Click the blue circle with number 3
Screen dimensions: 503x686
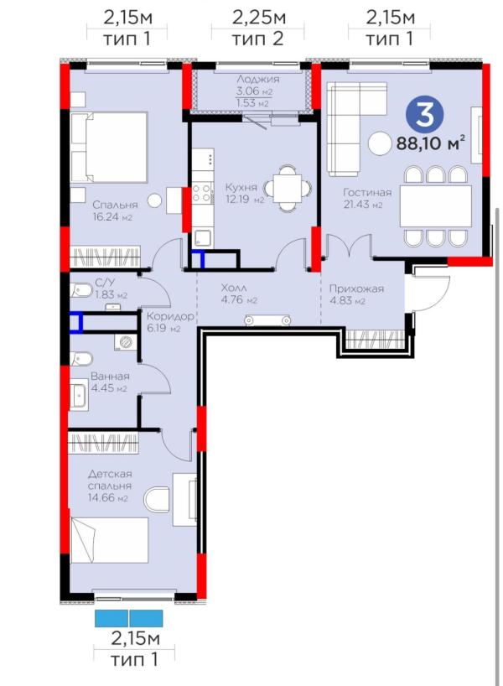tap(424, 115)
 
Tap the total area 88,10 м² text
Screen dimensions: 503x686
tap(430, 143)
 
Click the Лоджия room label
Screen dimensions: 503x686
tap(258, 79)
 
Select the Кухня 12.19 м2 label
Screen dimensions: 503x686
tap(245, 194)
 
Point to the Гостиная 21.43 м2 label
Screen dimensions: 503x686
tap(367, 198)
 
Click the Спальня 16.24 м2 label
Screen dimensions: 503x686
tap(115, 210)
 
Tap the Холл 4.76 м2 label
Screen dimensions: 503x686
tap(239, 294)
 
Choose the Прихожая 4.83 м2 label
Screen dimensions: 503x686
tap(356, 294)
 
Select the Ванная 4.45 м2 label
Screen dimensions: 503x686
tap(110, 382)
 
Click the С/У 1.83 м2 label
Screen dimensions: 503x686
tap(111, 288)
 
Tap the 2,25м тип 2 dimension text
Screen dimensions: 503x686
tap(258, 28)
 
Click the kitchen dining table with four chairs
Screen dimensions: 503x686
tap(288, 188)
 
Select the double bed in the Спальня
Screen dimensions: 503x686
tap(108, 147)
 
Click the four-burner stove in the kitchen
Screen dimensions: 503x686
tap(202, 193)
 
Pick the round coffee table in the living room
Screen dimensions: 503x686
tap(379, 144)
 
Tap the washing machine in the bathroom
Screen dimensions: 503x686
tap(126, 341)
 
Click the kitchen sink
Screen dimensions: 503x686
tap(203, 237)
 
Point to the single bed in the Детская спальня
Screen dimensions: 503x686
tap(109, 540)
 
